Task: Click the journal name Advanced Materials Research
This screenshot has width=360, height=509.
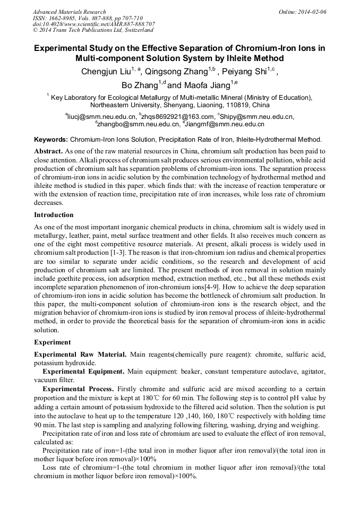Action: point(70,12)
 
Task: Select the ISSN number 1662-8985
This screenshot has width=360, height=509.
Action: point(64,18)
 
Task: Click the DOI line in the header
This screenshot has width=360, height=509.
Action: point(94,24)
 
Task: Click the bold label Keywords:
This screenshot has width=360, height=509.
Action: point(51,140)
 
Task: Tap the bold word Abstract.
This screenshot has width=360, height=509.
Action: point(49,151)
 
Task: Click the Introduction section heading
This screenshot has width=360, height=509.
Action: point(54,215)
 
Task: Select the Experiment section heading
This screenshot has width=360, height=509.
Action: point(52,342)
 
